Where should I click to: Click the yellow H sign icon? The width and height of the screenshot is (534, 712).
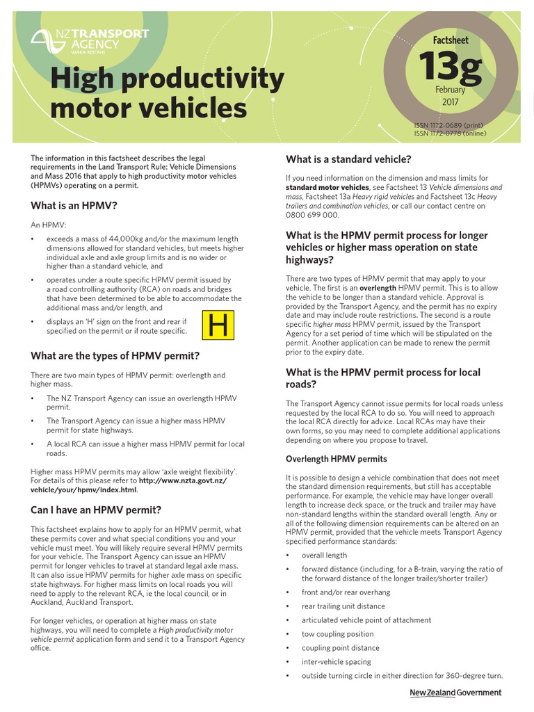218,325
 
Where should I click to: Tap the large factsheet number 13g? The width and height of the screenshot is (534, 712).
450,68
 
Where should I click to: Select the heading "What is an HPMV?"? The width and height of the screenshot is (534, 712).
74,206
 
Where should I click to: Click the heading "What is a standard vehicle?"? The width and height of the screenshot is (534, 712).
348,159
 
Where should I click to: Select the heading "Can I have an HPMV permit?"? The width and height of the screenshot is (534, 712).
96,510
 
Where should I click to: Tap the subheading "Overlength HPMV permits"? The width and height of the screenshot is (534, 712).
336,459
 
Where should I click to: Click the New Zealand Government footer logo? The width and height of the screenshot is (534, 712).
455,693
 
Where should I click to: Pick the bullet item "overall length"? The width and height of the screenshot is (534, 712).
324,556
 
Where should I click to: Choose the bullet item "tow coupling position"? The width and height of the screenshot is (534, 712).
337,634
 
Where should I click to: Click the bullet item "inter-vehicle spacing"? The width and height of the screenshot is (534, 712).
336,662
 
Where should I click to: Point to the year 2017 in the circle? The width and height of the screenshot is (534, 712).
450,102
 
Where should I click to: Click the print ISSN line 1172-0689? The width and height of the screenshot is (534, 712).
450,126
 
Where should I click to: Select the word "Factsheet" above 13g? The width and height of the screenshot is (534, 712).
450,40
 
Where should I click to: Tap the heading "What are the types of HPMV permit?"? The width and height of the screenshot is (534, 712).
115,356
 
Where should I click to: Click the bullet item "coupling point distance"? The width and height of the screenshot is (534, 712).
340,648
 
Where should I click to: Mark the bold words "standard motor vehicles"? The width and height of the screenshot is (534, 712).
327,188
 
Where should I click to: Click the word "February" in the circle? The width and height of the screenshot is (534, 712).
450,90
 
